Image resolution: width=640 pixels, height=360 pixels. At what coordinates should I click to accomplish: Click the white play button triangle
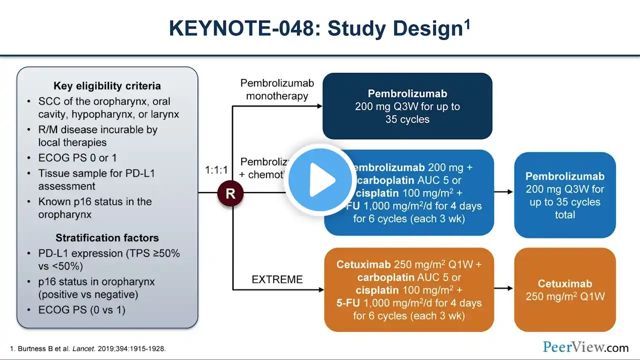coord(322,179)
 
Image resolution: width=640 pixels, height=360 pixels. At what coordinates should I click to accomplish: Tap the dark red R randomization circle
coord(230,193)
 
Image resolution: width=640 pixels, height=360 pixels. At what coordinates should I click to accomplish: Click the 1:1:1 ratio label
coord(216,170)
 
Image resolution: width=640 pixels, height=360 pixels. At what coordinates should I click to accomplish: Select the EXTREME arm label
coord(277,279)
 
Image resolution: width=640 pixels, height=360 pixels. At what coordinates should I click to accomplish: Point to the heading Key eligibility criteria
coord(107,85)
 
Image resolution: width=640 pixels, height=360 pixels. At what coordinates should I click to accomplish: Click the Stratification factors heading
coord(107,238)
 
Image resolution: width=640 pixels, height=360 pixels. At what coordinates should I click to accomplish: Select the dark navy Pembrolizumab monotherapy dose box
coord(407,106)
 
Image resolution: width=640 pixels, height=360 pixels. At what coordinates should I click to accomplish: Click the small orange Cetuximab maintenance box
coord(564,289)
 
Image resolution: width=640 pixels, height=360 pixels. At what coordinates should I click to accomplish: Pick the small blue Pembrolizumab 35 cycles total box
coord(564,195)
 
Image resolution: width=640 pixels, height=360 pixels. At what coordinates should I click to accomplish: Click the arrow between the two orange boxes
coord(503,288)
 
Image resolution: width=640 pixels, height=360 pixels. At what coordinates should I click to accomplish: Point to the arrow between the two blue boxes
coord(503,191)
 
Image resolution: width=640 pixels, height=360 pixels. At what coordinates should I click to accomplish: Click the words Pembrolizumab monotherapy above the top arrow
coord(277,89)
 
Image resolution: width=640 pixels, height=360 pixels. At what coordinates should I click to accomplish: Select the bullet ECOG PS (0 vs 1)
coord(81,310)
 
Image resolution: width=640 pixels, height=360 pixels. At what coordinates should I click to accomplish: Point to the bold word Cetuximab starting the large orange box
coord(363,264)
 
